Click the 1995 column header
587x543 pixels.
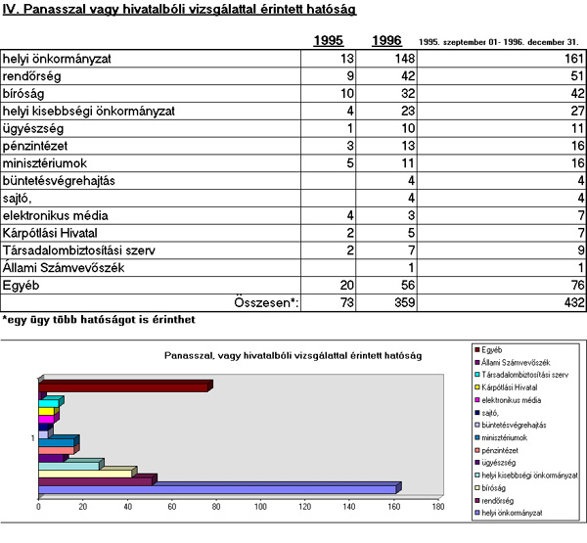(x=329, y=40)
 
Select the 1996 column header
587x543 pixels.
(x=386, y=40)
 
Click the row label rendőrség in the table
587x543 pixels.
(x=32, y=76)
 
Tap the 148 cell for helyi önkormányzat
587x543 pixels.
(x=405, y=59)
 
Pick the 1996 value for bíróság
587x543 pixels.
(x=408, y=94)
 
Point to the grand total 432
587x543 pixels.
(x=574, y=302)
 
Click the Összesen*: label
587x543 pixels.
(x=266, y=302)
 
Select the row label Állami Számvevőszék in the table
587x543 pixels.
(x=64, y=268)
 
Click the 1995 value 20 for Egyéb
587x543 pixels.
(x=346, y=286)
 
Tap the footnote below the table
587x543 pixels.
(x=99, y=320)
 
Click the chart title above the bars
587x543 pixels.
(x=293, y=355)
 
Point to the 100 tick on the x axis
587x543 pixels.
(x=260, y=507)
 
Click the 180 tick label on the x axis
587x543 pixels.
(x=438, y=507)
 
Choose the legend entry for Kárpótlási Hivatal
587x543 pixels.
(x=506, y=387)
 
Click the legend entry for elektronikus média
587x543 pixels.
(x=508, y=400)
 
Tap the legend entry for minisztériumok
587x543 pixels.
(x=501, y=437)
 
